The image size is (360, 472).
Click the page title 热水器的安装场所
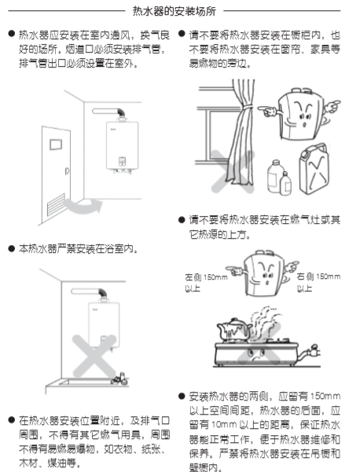pos(174,11)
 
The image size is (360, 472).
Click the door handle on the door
pos(67,171)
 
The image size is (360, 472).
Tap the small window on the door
pos(56,145)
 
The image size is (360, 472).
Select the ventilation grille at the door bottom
pos(56,205)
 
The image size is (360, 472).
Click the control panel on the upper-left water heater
pos(122,161)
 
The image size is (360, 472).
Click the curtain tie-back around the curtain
pos(246,107)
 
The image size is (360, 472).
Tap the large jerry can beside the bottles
pos(314,169)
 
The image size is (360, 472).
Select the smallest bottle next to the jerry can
pos(285,183)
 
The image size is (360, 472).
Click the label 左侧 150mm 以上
pos(206,283)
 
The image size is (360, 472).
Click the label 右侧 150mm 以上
pos(318,283)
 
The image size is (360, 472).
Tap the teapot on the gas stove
pos(233,330)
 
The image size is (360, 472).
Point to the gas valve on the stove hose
pos(314,350)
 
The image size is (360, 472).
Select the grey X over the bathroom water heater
pos(94,356)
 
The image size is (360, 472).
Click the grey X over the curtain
pos(232,171)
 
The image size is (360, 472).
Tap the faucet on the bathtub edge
pos(119,378)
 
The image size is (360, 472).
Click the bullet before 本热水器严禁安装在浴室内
pos(12,249)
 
